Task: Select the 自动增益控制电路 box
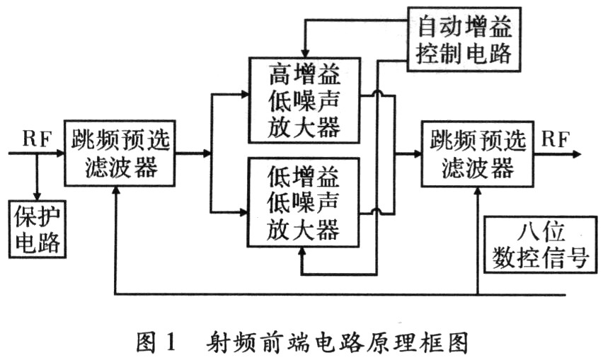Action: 464,40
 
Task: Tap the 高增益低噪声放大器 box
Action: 305,99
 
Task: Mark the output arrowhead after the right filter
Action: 578,153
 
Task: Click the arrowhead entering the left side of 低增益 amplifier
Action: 243,210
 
